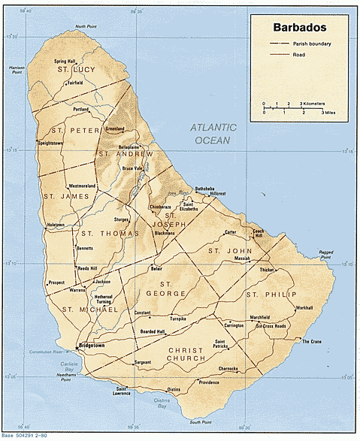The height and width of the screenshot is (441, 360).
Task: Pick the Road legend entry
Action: pos(298,55)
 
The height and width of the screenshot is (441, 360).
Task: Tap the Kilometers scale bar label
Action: pos(312,102)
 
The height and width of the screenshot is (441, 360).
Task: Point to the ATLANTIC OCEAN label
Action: pos(213,133)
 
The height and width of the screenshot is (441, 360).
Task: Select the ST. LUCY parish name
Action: pos(73,70)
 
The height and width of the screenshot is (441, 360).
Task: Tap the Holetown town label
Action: pos(56,225)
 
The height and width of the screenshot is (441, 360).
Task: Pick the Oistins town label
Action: pos(174,389)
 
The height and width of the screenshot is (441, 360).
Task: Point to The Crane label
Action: pos(311,342)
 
